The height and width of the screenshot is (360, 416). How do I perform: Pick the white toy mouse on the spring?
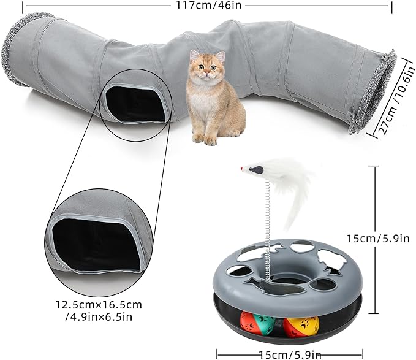(254, 167)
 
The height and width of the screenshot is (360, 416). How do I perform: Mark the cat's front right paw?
(198, 139)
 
